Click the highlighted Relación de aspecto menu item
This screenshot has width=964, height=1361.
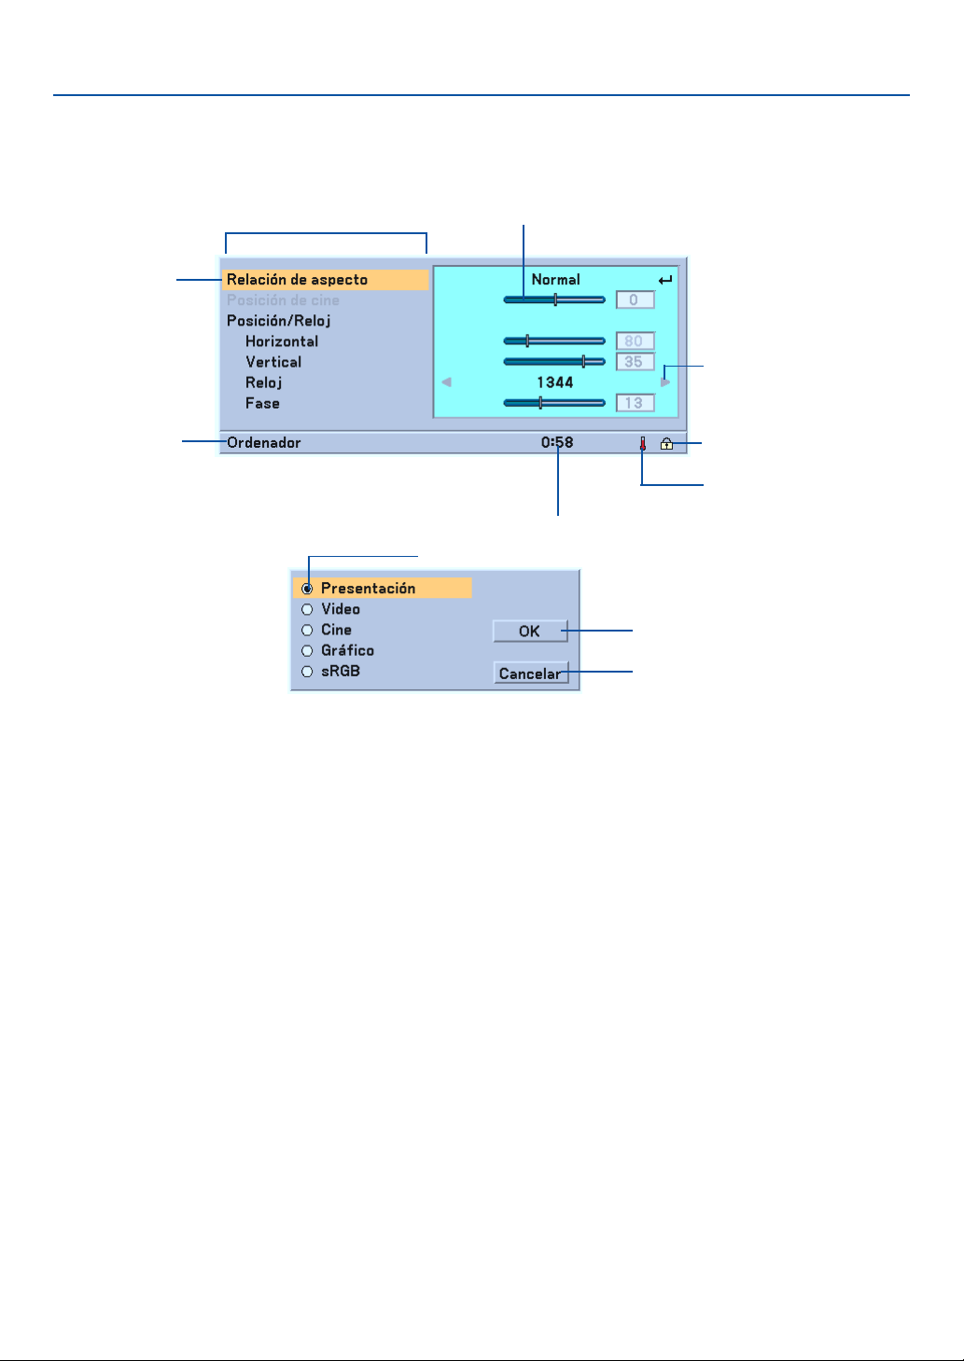click(298, 280)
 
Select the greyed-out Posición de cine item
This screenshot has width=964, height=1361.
click(283, 300)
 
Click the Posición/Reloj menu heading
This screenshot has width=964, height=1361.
click(278, 321)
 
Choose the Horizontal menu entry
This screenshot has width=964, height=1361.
click(282, 341)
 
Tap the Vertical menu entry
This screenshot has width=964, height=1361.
click(273, 362)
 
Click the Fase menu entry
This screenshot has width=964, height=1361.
click(262, 403)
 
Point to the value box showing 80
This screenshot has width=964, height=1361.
click(635, 341)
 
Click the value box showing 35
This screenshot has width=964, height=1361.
click(635, 362)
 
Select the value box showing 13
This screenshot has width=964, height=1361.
click(635, 403)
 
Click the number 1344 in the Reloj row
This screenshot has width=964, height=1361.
click(554, 382)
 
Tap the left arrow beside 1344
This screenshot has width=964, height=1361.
click(446, 382)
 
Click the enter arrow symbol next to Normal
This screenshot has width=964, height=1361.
click(664, 280)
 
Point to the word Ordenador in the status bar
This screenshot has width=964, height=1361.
click(264, 443)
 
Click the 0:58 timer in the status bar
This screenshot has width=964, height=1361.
click(557, 443)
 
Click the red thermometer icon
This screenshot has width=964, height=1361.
click(642, 444)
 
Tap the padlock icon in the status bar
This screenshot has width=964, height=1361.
click(666, 444)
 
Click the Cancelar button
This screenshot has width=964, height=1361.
click(530, 674)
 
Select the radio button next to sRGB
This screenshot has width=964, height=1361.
click(307, 672)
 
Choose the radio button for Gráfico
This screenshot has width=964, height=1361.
click(307, 651)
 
